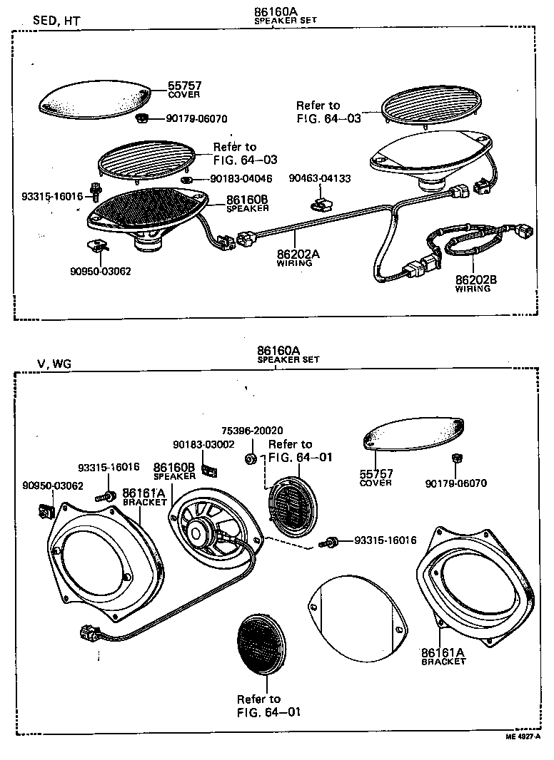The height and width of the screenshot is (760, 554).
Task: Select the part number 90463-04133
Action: point(319,178)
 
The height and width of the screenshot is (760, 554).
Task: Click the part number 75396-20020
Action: point(252,431)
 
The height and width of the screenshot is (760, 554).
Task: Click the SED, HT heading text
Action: point(56,21)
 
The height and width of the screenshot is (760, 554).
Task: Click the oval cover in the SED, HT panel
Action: point(94,98)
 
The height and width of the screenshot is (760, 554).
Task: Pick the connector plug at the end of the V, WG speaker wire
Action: point(89,632)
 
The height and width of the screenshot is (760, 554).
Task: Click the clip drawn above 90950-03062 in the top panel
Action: point(95,247)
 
